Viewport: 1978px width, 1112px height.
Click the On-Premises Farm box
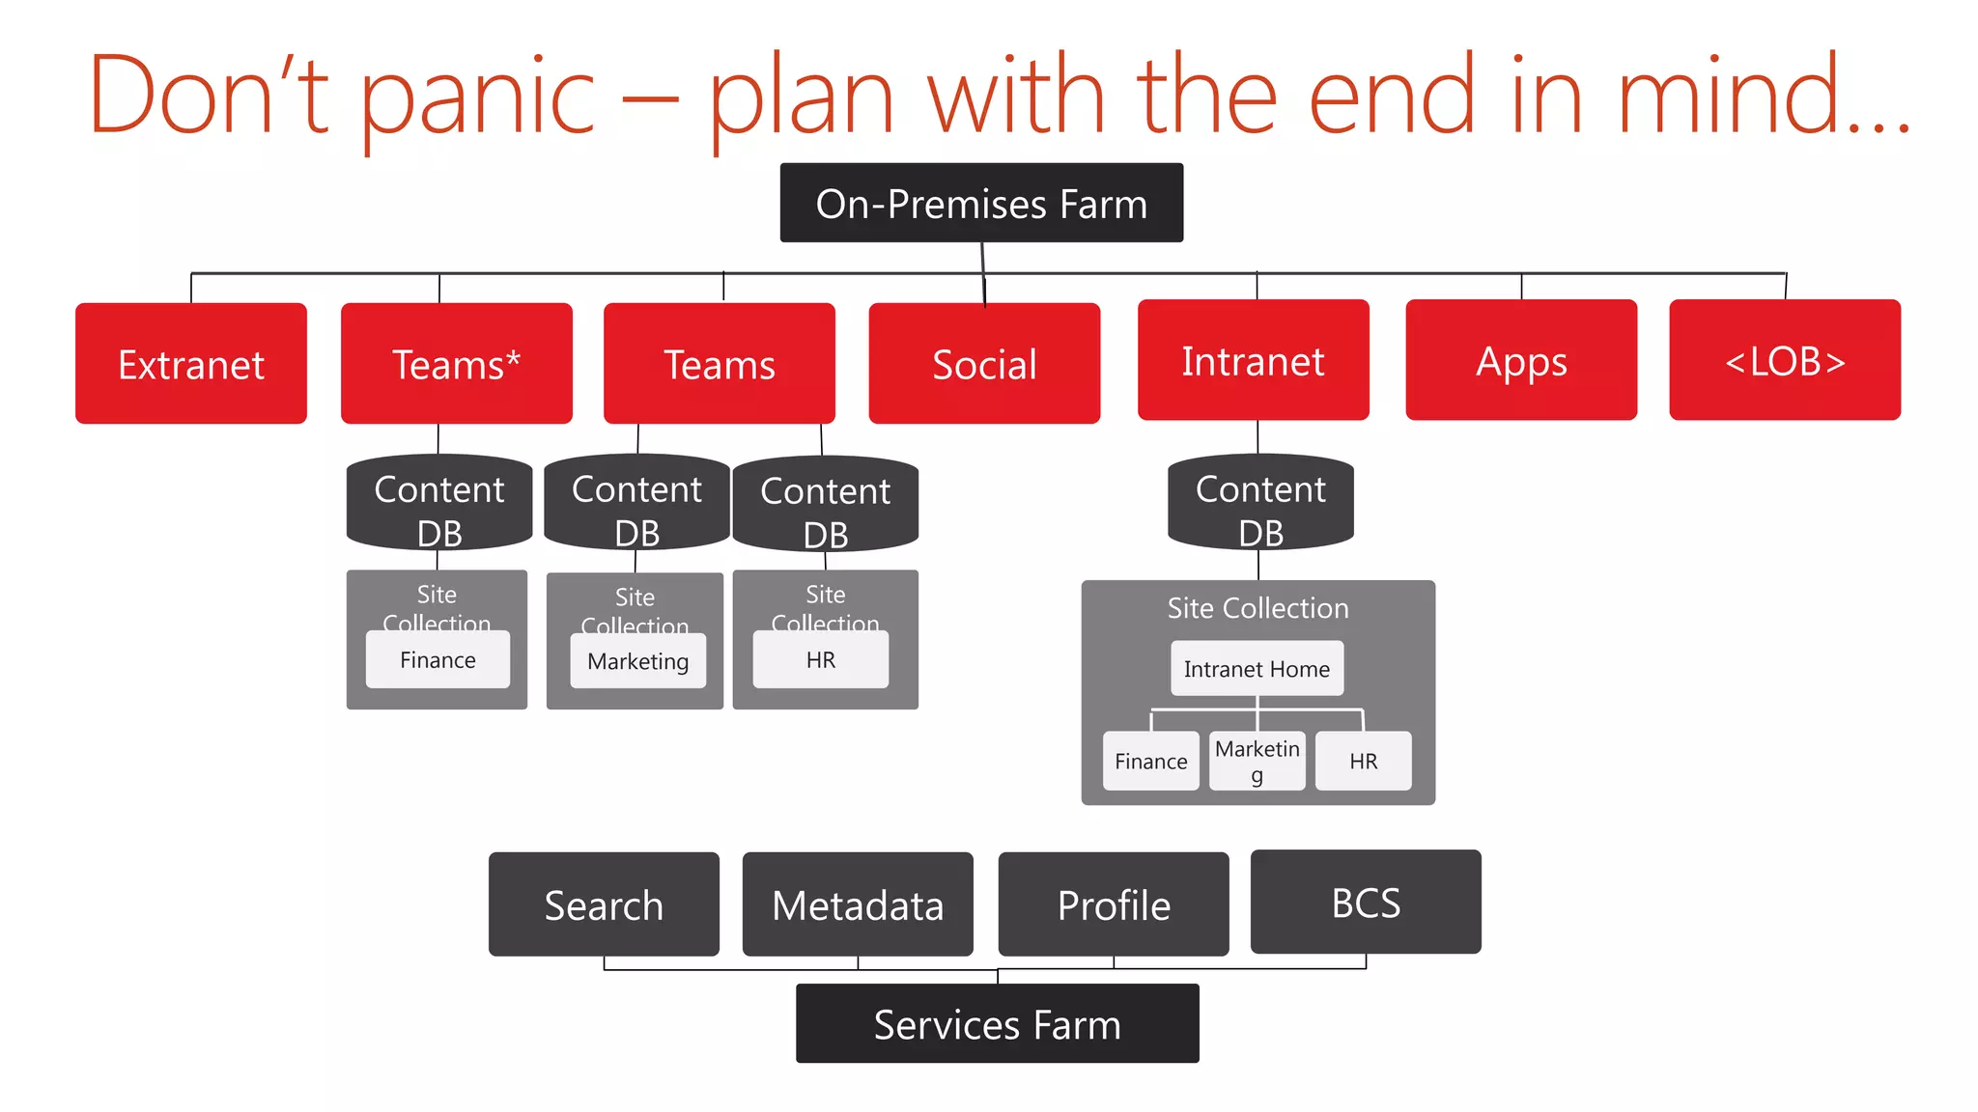coord(981,203)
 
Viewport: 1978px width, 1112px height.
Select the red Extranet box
coord(191,364)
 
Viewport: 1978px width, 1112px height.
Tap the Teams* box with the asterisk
coord(456,364)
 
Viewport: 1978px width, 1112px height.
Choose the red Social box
coord(984,364)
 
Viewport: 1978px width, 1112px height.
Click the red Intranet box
coord(1253,360)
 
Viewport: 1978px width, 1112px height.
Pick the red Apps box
coord(1521,360)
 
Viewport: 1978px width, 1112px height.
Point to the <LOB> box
coord(1785,360)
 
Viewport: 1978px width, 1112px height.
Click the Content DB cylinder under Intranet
coord(1260,503)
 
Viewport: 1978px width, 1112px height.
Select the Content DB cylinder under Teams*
coord(439,503)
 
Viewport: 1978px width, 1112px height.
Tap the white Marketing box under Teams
coord(637,661)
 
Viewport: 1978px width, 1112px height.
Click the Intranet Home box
coord(1257,668)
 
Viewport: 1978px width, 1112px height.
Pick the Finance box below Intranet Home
coord(1150,761)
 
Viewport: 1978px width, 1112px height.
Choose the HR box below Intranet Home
coord(1363,761)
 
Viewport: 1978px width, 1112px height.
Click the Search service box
coord(604,904)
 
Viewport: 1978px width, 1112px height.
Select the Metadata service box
coord(858,904)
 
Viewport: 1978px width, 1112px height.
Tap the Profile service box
coord(1114,904)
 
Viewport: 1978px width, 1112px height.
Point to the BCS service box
coord(1366,902)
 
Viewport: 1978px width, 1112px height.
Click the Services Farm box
coord(997,1023)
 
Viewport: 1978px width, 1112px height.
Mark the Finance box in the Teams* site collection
coord(438,660)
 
